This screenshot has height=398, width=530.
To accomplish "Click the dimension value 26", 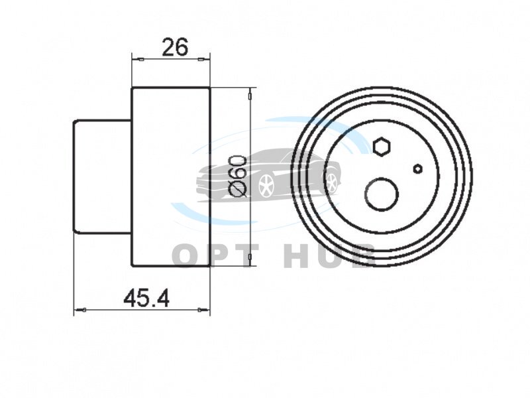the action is coord(175,46).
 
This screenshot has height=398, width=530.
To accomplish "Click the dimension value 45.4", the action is coord(146,298).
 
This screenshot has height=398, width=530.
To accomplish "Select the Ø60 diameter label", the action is coord(237,176).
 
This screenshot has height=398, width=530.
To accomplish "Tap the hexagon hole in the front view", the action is coord(382,147).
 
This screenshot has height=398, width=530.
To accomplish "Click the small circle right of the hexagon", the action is coord(418,168).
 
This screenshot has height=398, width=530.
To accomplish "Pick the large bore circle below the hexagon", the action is coord(382,194).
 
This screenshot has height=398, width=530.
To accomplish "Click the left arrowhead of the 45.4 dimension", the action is coord(80,309).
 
